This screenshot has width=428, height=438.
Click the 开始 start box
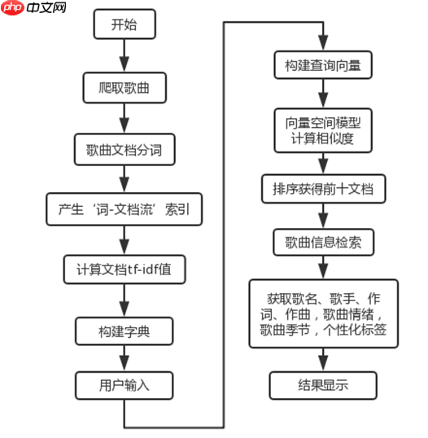click(x=124, y=25)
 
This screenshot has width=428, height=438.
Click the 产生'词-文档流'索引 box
click(x=124, y=209)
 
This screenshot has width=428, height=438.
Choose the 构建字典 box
click(x=124, y=330)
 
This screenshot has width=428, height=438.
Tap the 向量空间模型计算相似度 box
click(x=323, y=131)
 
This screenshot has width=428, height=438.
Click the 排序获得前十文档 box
click(x=323, y=189)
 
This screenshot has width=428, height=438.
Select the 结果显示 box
click(x=323, y=383)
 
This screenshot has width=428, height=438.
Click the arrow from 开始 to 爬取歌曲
click(x=124, y=55)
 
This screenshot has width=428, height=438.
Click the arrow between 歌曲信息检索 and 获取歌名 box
click(x=323, y=266)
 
